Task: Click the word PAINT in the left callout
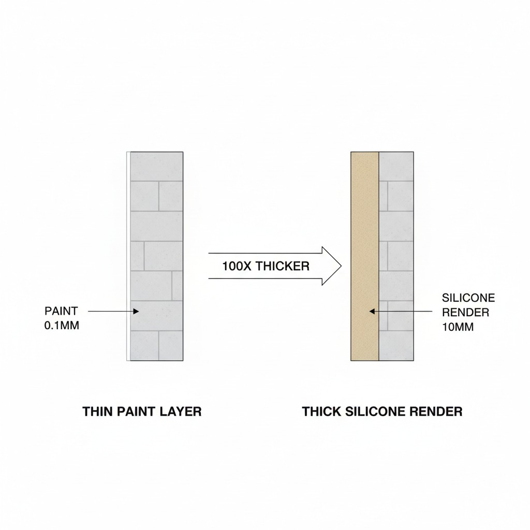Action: tap(61, 311)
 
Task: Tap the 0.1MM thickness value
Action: tap(62, 326)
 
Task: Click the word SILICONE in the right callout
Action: tap(468, 298)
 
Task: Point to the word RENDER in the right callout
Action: tap(466, 312)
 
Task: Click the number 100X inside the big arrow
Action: tap(237, 266)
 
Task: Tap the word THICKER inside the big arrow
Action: tap(282, 266)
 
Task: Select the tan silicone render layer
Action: tap(365, 256)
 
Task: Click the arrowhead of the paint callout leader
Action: tap(136, 311)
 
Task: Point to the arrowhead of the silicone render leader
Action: tap(372, 311)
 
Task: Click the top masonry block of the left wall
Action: tap(156, 166)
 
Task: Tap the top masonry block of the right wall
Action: tap(396, 166)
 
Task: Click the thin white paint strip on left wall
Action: tap(128, 256)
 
